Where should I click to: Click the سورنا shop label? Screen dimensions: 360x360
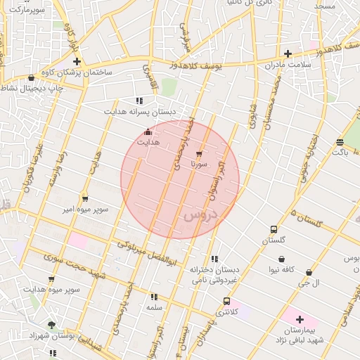(198, 164)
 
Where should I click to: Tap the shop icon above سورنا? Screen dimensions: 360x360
(199, 153)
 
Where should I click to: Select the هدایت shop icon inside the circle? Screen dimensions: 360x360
(148, 132)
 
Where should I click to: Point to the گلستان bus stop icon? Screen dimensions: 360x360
(274, 229)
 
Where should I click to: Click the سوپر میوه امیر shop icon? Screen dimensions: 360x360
(85, 199)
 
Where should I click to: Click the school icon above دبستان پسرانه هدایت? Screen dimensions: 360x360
(139, 101)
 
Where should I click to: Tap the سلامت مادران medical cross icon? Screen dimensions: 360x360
(288, 53)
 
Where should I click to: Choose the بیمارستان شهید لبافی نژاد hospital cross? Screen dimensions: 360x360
(300, 319)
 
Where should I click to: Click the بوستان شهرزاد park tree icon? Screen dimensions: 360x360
(51, 325)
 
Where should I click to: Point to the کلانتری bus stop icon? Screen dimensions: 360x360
(226, 301)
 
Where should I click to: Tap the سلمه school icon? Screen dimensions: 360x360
(154, 297)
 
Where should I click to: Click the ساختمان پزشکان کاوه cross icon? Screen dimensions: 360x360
(77, 62)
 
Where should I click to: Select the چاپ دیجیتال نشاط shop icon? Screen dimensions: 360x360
(31, 78)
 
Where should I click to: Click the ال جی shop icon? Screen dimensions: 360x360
(309, 272)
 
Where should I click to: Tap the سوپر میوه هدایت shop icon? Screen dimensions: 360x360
(51, 279)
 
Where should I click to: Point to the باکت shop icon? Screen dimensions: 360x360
(340, 141)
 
